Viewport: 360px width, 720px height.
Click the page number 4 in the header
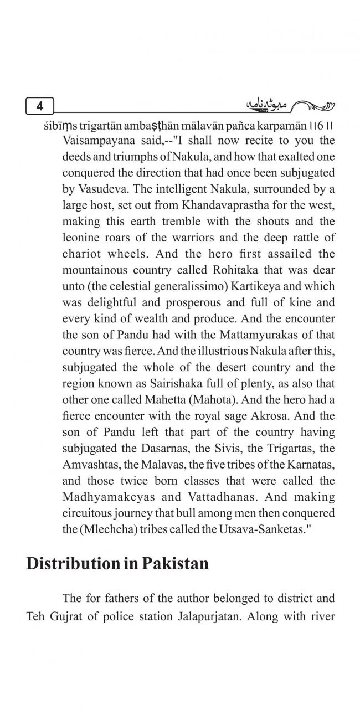coord(39,105)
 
